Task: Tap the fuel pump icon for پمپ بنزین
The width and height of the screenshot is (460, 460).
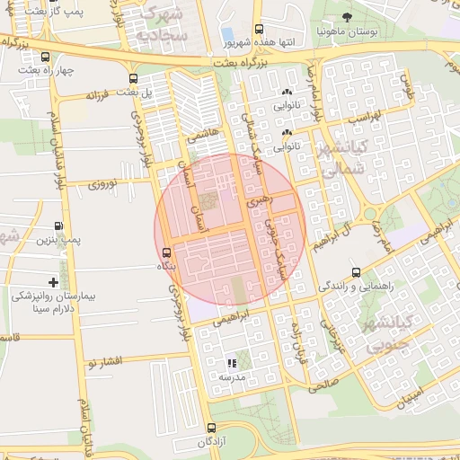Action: (x=58, y=226)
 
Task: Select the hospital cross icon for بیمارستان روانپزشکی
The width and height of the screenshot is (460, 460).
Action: (x=53, y=282)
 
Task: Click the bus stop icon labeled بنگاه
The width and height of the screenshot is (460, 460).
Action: (x=166, y=252)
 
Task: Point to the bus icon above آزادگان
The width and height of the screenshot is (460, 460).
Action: (x=211, y=429)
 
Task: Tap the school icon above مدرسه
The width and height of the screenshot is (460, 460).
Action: (x=232, y=364)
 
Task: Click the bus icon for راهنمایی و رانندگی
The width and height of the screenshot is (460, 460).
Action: (x=357, y=272)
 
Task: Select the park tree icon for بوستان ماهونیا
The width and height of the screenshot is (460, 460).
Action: (x=349, y=15)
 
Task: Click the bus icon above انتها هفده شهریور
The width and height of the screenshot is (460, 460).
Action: (x=260, y=29)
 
